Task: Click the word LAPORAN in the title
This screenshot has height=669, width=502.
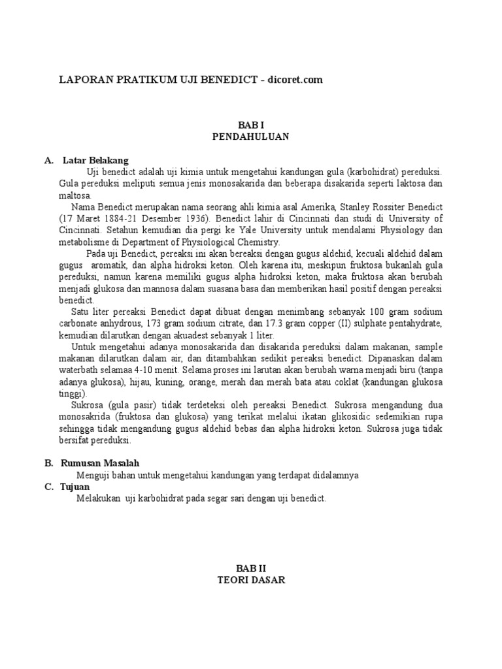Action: pyautogui.click(x=82, y=80)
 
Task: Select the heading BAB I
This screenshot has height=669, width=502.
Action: pyautogui.click(x=250, y=125)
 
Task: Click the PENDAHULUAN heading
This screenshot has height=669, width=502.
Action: pyautogui.click(x=250, y=137)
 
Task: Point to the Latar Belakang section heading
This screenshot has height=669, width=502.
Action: pyautogui.click(x=95, y=160)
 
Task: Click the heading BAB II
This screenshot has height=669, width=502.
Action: pyautogui.click(x=251, y=568)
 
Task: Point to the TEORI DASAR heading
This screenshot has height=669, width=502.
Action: pyautogui.click(x=251, y=580)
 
